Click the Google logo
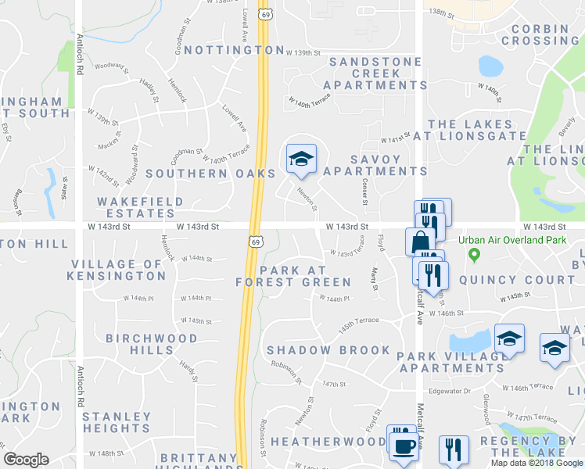pos(26,460)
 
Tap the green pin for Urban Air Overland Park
pos(473,255)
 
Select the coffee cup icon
pos(404,446)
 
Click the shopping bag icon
pos(418,241)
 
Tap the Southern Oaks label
pos(210,173)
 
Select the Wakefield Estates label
pos(140,207)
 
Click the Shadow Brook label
pos(328,350)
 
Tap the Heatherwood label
pos(328,442)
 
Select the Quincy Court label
pos(516,280)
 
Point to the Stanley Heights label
pos(117,422)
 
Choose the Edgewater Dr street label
pos(449,391)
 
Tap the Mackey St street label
pos(109,145)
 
